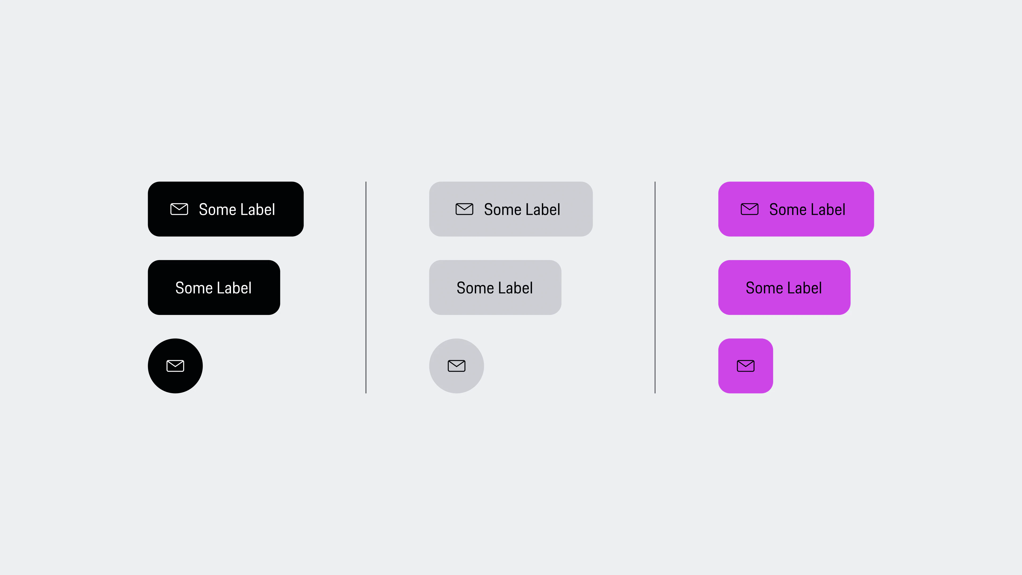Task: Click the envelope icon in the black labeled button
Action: point(179,209)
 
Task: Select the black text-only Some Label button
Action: point(214,287)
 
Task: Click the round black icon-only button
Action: point(175,366)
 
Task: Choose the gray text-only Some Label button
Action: point(495,287)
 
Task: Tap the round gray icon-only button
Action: point(457,366)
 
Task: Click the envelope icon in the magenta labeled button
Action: point(750,209)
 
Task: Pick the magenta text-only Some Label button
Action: point(784,287)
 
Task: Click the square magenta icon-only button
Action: point(746,366)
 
